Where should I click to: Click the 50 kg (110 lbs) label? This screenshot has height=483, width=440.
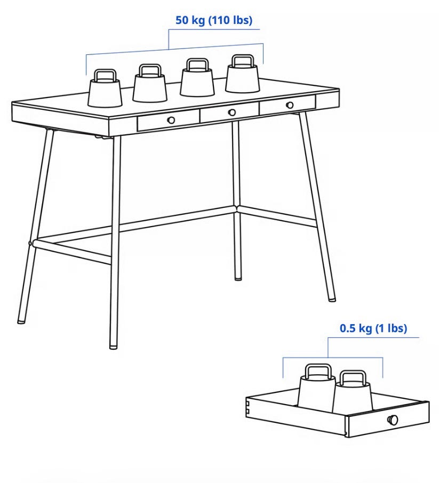pyautogui.click(x=214, y=20)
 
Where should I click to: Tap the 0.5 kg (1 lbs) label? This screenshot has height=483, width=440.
pyautogui.click(x=373, y=328)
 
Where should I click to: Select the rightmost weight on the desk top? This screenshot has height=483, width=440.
pyautogui.click(x=243, y=74)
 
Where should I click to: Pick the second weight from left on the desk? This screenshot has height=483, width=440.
pyautogui.click(x=150, y=83)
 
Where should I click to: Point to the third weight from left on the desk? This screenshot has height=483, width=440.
pyautogui.click(x=197, y=77)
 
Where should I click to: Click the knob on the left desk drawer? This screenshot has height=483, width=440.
pyautogui.click(x=171, y=120)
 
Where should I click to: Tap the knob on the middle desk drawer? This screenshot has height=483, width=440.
pyautogui.click(x=232, y=112)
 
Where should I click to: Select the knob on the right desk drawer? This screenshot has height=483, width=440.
pyautogui.click(x=290, y=105)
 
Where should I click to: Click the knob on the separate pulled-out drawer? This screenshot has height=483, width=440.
pyautogui.click(x=393, y=420)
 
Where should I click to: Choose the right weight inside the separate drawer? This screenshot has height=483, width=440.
pyautogui.click(x=353, y=391)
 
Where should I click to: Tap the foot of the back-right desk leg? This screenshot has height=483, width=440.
pyautogui.click(x=237, y=278)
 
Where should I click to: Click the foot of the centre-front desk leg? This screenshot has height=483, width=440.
pyautogui.click(x=114, y=346)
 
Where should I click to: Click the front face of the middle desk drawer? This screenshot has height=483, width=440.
pyautogui.click(x=229, y=112)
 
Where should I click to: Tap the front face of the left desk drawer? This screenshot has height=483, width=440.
pyautogui.click(x=169, y=120)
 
